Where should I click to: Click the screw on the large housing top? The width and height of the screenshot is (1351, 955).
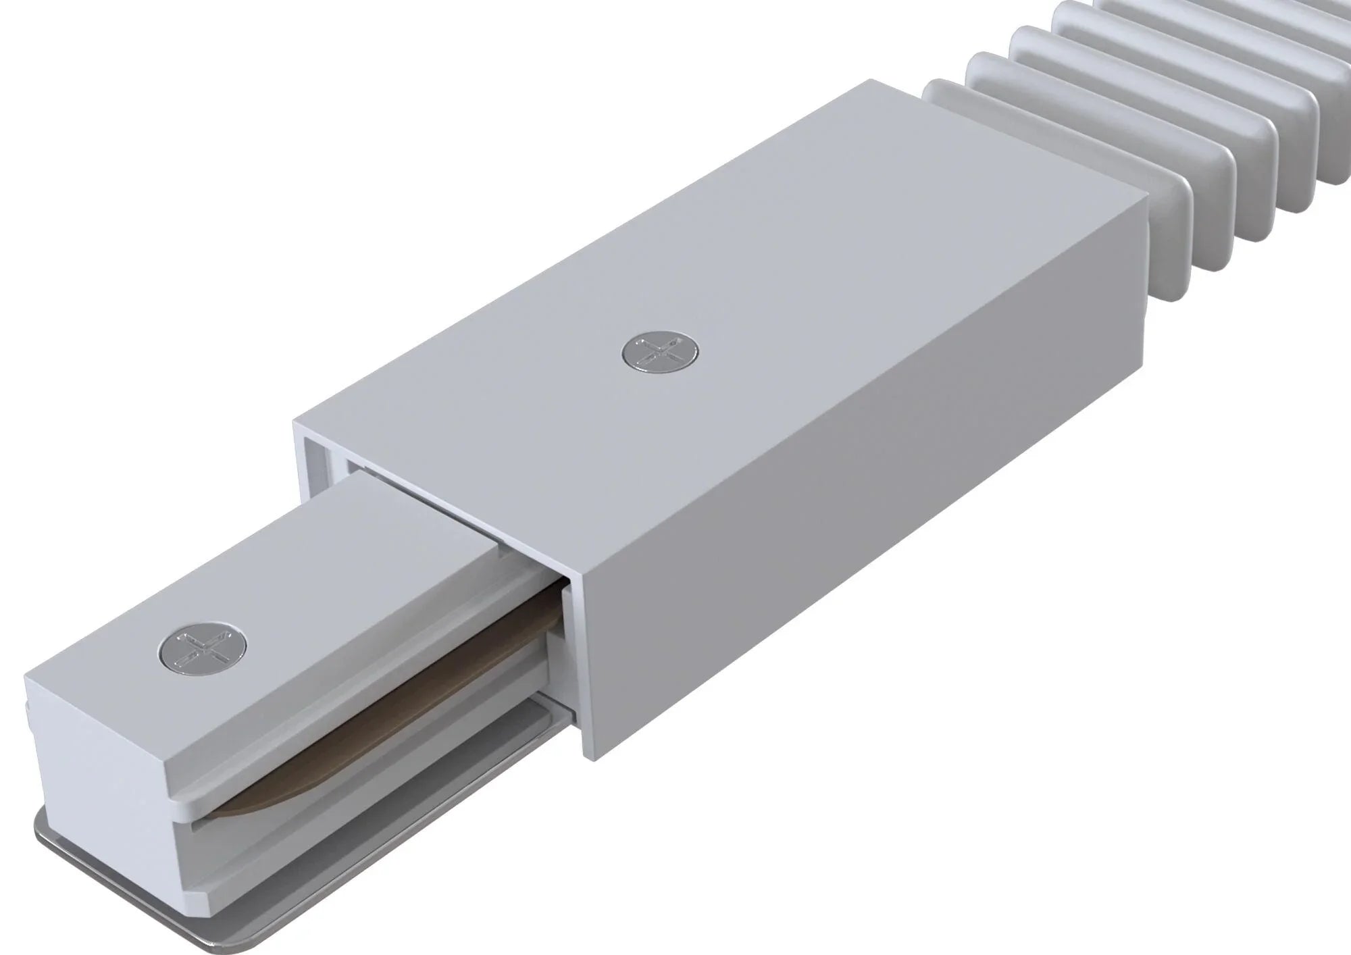click(x=659, y=354)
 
